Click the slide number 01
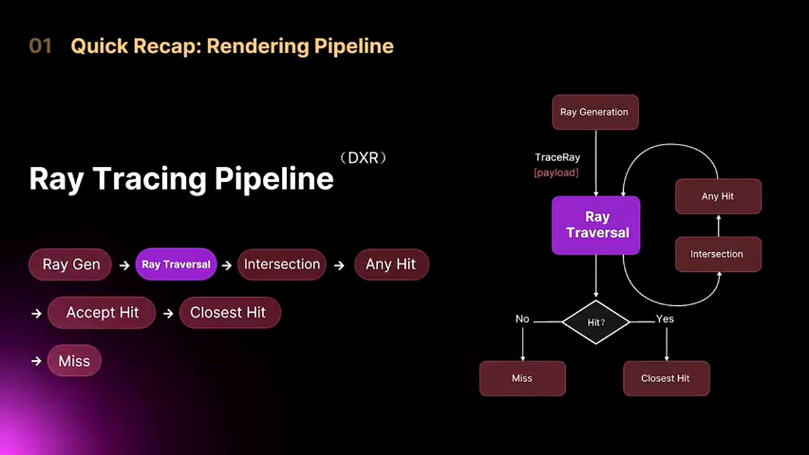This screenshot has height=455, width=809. coord(40,46)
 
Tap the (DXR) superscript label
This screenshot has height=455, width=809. coord(363,158)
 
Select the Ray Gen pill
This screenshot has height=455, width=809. coord(70,264)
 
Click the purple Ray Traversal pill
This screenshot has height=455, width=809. coord(176,264)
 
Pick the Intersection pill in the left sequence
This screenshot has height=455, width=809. coord(282,264)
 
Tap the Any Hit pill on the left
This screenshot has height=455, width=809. coord(391,264)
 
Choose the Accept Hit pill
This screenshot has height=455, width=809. coord(102,312)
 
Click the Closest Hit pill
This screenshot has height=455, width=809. coord(229,312)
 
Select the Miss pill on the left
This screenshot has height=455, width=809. coord(74,361)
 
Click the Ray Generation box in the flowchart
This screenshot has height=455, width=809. coord(595,112)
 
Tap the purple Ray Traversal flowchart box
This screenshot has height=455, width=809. coord(596,225)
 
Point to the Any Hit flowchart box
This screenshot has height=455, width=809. coord(718,197)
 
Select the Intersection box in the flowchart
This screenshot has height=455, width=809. coord(718,254)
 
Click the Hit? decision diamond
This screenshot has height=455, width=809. coord(596,322)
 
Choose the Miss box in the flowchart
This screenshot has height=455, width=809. coord(522,378)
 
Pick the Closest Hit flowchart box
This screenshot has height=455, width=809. coord(666,378)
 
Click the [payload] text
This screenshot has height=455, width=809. coord(556,173)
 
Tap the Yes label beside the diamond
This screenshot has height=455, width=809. coord(665,318)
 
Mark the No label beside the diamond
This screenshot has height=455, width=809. coord(522,318)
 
